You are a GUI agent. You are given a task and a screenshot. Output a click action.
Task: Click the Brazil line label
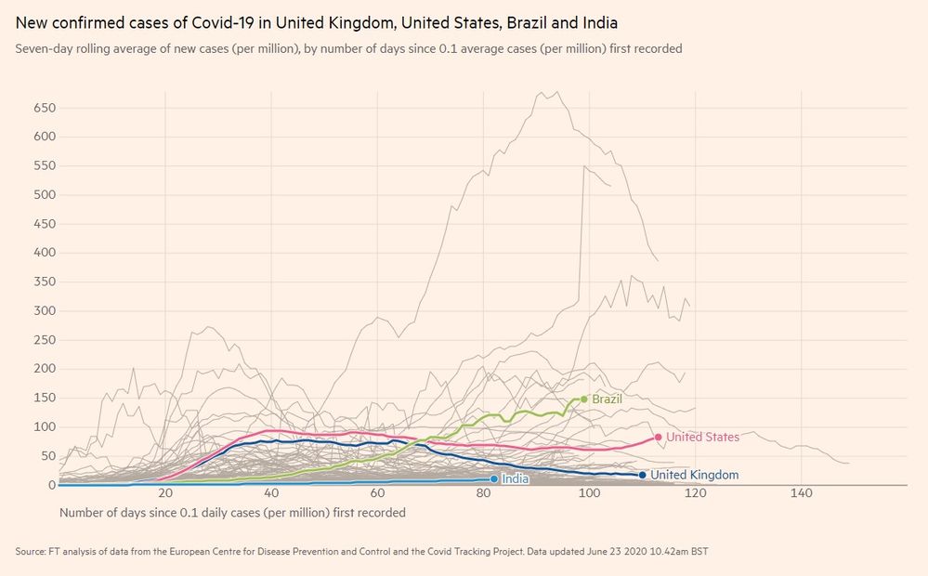pos(607,399)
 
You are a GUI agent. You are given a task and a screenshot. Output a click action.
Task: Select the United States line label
pos(702,437)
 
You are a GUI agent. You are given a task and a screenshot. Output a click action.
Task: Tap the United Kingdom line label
pos(694,475)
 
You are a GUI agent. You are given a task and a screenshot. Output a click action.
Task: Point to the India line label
pos(516,479)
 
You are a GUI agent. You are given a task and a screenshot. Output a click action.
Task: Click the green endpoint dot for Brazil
pos(584,399)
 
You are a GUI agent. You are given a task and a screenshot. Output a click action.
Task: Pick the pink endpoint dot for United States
pos(658,437)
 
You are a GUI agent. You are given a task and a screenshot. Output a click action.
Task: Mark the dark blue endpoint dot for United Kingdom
pos(642,475)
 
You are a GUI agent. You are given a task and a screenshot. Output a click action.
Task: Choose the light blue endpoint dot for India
pos(494,479)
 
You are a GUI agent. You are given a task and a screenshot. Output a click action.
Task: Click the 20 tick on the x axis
pos(165,493)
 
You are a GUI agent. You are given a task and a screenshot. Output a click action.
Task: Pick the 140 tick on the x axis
pos(801,493)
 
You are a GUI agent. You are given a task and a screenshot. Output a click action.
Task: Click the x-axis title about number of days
pos(232,512)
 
